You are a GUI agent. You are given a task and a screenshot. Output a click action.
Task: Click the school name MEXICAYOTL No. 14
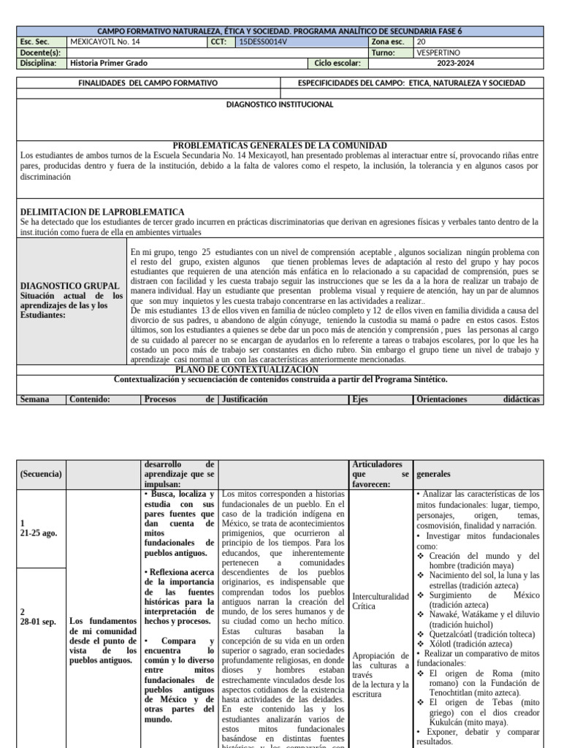click(x=104, y=42)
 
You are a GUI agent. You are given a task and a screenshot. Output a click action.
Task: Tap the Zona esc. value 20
click(x=421, y=42)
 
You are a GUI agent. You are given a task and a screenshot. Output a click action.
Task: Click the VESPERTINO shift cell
click(x=440, y=53)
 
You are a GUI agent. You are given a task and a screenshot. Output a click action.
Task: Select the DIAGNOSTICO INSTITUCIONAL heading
click(x=280, y=104)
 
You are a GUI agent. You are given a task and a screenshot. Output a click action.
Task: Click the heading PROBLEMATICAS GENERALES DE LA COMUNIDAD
click(x=280, y=145)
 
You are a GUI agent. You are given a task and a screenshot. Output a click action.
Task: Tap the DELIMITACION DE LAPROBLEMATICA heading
click(x=92, y=211)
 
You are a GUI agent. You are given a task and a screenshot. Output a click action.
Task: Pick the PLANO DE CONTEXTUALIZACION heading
click(x=280, y=370)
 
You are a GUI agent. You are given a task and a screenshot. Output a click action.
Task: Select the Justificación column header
click(x=245, y=400)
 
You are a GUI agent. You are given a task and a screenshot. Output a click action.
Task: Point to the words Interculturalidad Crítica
click(x=380, y=601)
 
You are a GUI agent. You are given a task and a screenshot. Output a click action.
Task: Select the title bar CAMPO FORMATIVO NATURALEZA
click(x=280, y=31)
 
